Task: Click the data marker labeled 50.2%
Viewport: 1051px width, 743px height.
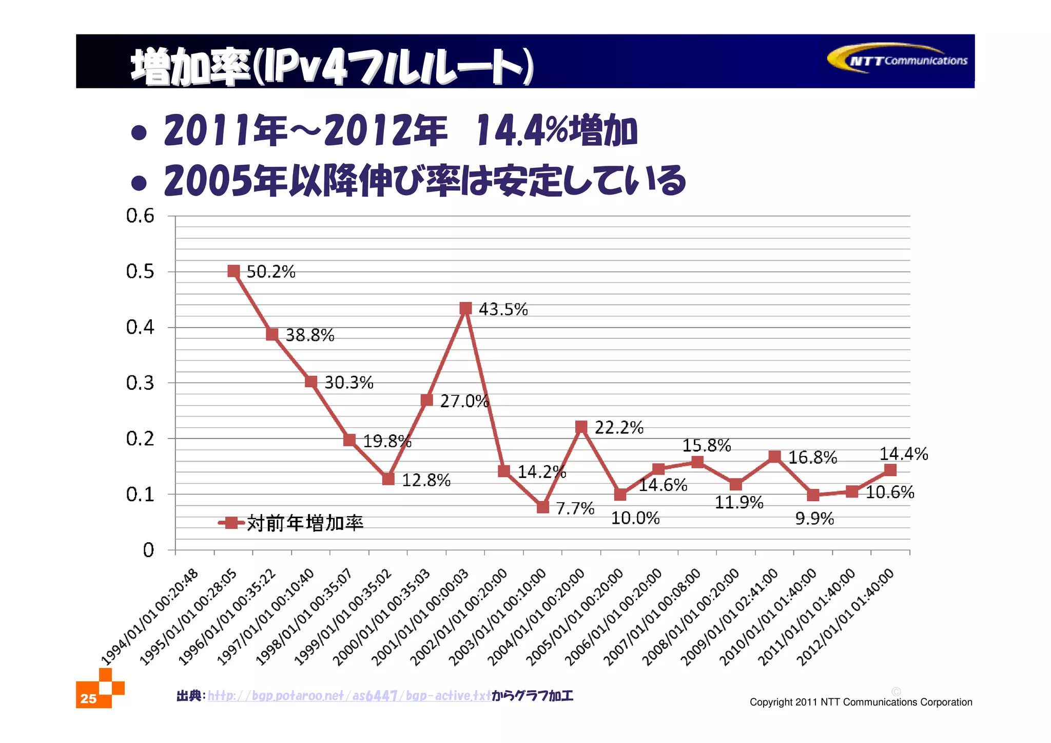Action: (233, 271)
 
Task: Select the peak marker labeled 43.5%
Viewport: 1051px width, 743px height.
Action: (465, 308)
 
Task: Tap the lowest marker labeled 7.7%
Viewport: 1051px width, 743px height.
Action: (543, 507)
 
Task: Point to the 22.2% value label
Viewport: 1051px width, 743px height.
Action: (618, 427)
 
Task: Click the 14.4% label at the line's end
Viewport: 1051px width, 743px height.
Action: (903, 454)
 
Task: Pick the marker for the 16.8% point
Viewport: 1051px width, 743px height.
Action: (774, 456)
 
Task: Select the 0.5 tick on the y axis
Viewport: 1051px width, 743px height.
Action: (140, 272)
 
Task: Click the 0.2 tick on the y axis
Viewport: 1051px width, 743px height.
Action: (140, 439)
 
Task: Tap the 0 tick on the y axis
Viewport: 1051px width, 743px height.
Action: (148, 550)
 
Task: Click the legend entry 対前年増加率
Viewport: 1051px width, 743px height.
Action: (305, 523)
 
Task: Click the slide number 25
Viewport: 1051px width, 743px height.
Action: (88, 698)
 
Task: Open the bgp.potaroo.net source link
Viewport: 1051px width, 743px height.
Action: (349, 696)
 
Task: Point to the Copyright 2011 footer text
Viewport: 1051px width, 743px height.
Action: (861, 702)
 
